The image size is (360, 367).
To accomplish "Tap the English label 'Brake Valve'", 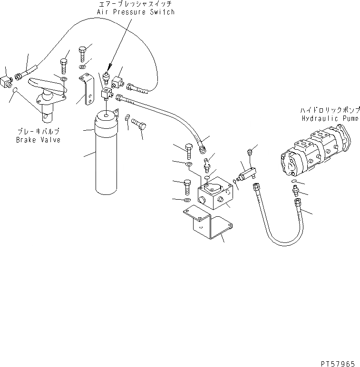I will [x=38, y=140].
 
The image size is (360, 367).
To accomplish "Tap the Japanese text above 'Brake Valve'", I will [x=38, y=133].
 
